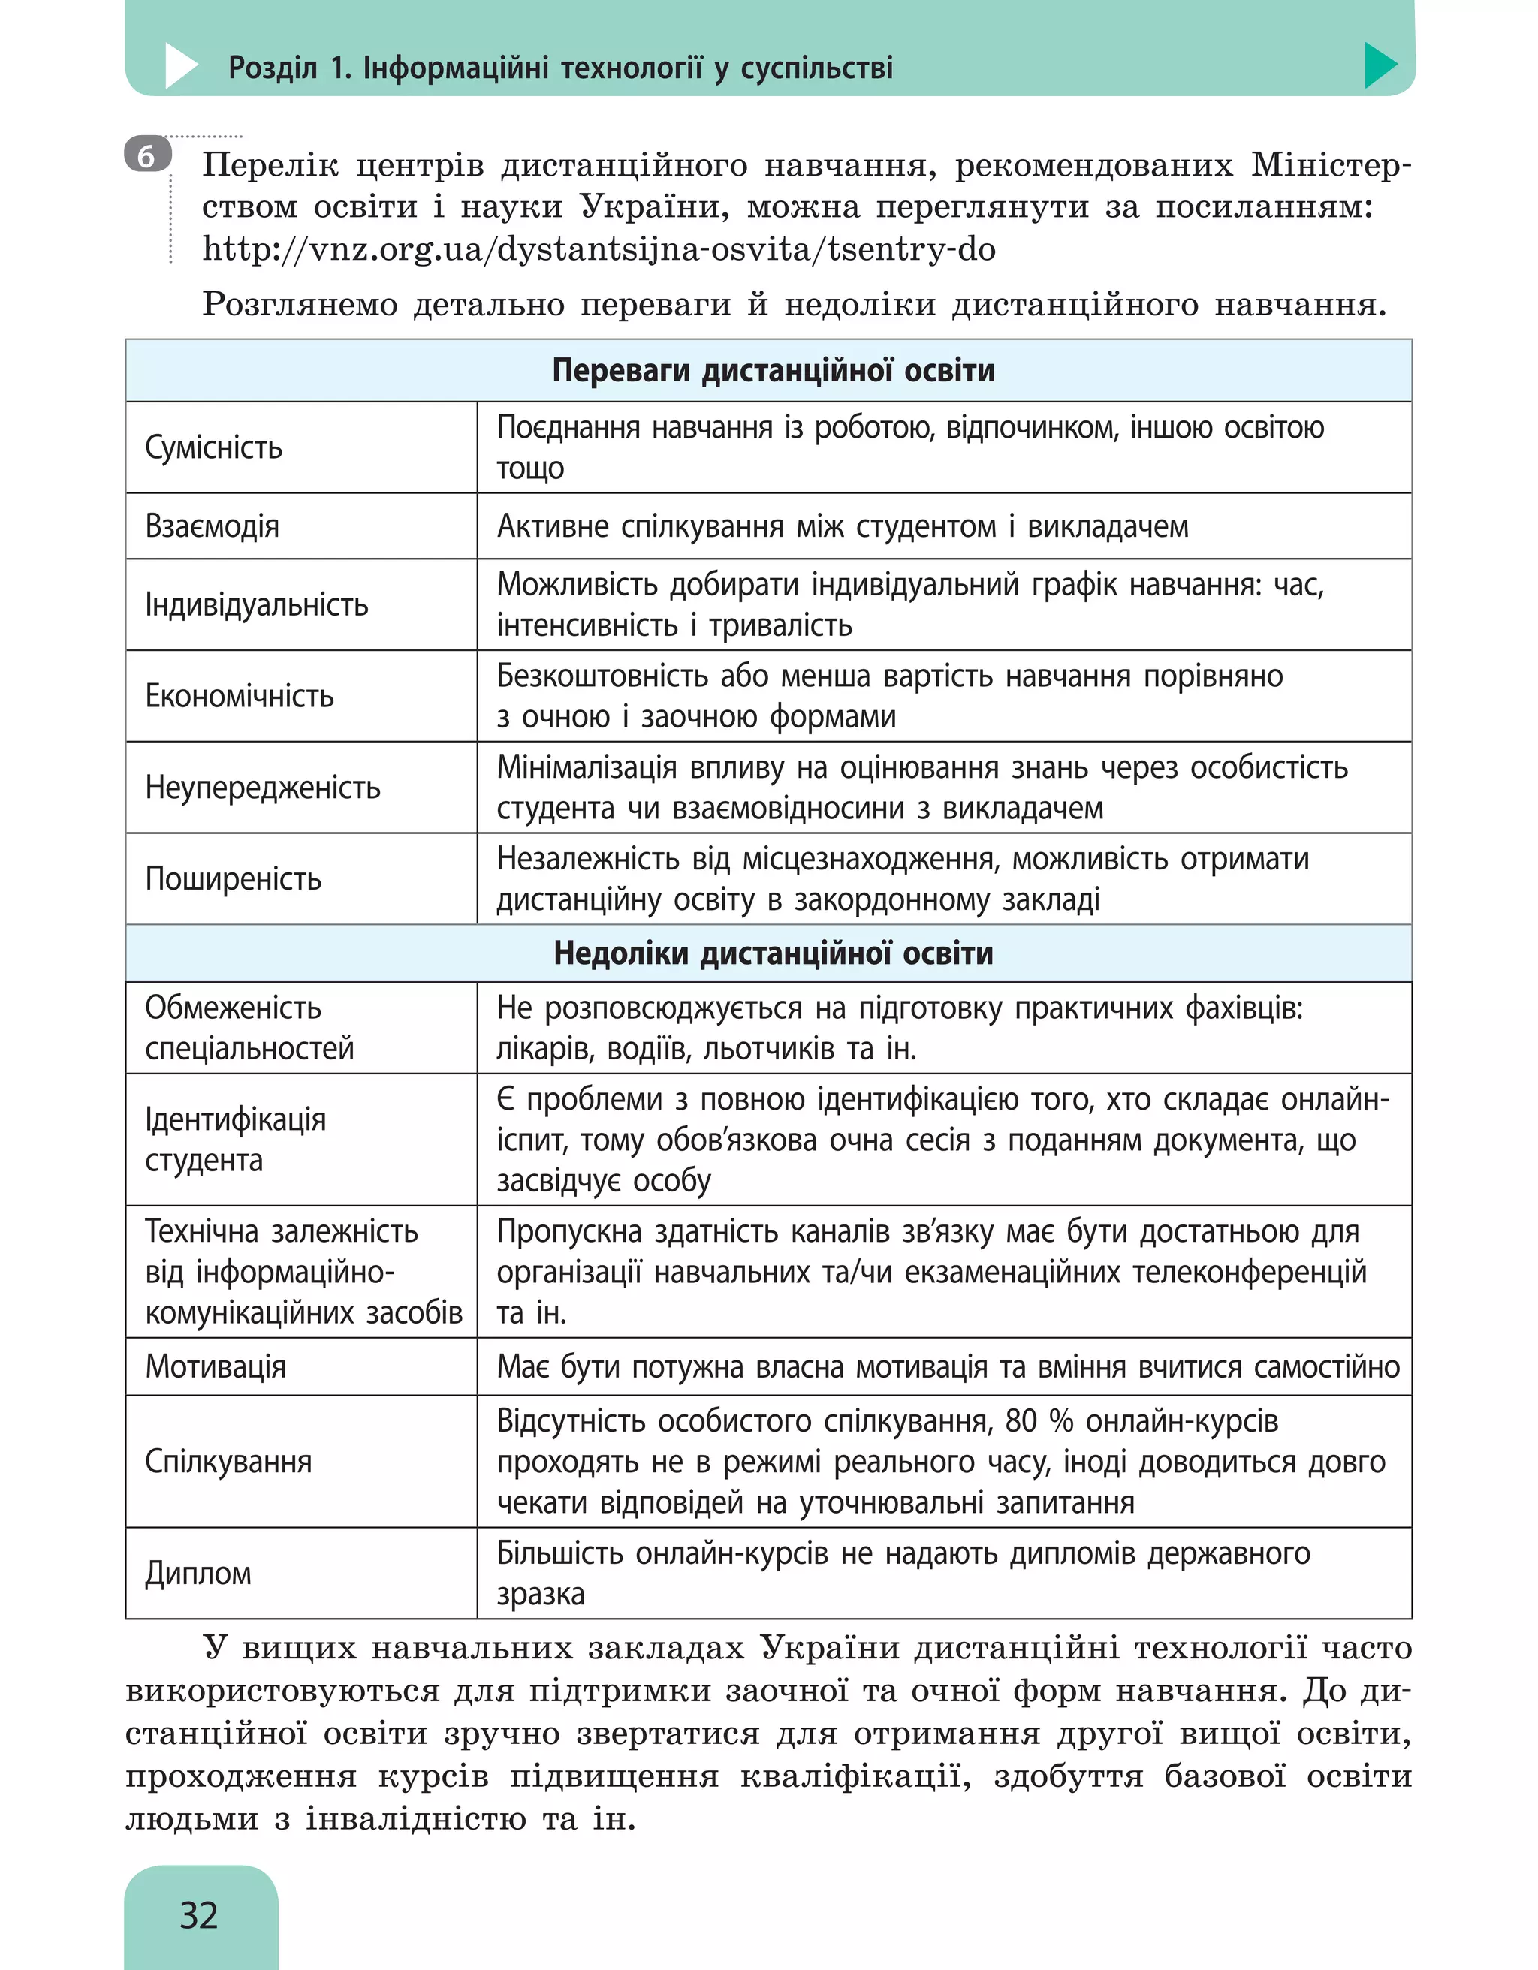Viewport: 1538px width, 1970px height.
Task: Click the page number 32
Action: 198,1914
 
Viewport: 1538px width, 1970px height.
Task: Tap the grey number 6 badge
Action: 147,155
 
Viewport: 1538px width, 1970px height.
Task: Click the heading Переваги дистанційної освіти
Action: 773,371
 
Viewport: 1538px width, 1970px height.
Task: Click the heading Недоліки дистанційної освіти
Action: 773,953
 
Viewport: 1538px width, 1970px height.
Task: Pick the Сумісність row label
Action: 214,447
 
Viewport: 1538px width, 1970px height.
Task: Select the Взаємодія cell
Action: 212,526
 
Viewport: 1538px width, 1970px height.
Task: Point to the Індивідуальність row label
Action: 256,604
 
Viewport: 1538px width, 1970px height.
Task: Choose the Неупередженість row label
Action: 263,788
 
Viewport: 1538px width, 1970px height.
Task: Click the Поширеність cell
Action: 233,878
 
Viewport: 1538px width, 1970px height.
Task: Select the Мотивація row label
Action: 216,1366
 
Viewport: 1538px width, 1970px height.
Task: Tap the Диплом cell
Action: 198,1573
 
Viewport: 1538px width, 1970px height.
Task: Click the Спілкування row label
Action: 228,1461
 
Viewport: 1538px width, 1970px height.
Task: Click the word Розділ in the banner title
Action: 273,68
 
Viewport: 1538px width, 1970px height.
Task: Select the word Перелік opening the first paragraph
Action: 270,166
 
